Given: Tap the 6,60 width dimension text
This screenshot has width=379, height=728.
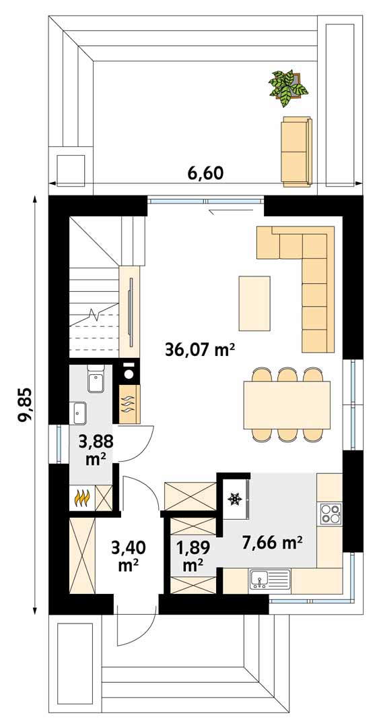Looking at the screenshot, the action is [205, 173].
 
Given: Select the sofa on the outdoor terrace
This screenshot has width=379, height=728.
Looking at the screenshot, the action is [296, 152].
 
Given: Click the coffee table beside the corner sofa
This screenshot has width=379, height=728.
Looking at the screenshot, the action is [254, 303].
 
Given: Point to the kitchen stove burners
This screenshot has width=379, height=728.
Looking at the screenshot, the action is [331, 514].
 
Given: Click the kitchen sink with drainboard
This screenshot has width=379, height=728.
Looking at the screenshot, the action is [270, 580].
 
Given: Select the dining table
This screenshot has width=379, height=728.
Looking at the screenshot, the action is [287, 405].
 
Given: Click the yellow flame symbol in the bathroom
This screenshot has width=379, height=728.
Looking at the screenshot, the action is [82, 498].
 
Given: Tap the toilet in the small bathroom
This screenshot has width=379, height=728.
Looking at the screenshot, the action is [96, 378].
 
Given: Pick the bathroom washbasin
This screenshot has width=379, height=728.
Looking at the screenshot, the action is [80, 413].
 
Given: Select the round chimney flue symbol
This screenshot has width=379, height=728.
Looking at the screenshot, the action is [129, 372].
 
